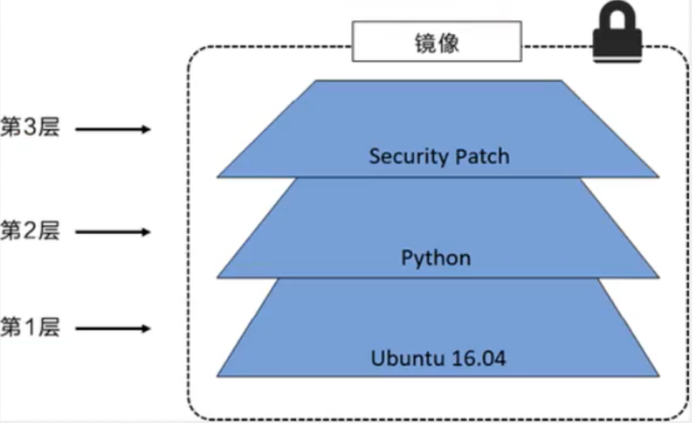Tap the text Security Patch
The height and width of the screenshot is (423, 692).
coord(439,156)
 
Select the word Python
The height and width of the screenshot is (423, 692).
coord(436,257)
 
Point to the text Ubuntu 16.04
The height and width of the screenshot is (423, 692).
coord(439,360)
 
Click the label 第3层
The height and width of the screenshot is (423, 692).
coord(30,129)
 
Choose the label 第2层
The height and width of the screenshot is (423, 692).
coord(30,231)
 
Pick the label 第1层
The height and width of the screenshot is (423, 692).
coord(30,328)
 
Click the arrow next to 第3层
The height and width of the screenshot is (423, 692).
coord(117,130)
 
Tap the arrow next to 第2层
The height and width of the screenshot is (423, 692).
coord(117,231)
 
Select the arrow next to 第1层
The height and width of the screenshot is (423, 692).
coord(117,329)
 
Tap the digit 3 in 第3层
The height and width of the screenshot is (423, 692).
coord(30,129)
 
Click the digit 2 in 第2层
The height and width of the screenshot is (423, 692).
coord(30,231)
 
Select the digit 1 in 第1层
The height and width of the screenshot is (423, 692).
coord(30,328)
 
